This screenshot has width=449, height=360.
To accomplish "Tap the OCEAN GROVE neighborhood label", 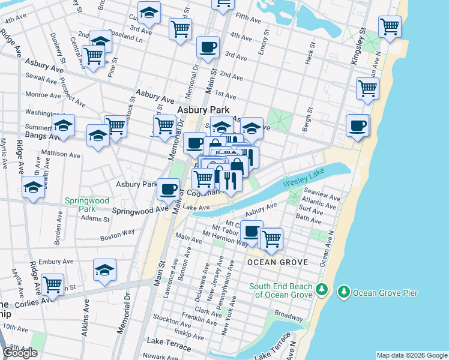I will (x=277, y=262).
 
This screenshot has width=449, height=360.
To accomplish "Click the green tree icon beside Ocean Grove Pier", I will (x=344, y=292).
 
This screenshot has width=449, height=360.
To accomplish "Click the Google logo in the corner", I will (x=20, y=353).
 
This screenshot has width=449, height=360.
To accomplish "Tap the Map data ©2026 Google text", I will (x=411, y=355).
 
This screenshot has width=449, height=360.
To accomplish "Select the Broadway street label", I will (x=289, y=315).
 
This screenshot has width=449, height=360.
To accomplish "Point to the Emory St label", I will (x=262, y=46).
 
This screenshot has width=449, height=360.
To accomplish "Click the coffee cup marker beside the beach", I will (x=358, y=125).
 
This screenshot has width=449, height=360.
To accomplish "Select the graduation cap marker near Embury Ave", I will (x=105, y=269).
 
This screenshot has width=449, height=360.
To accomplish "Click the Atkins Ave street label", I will (x=85, y=325).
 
